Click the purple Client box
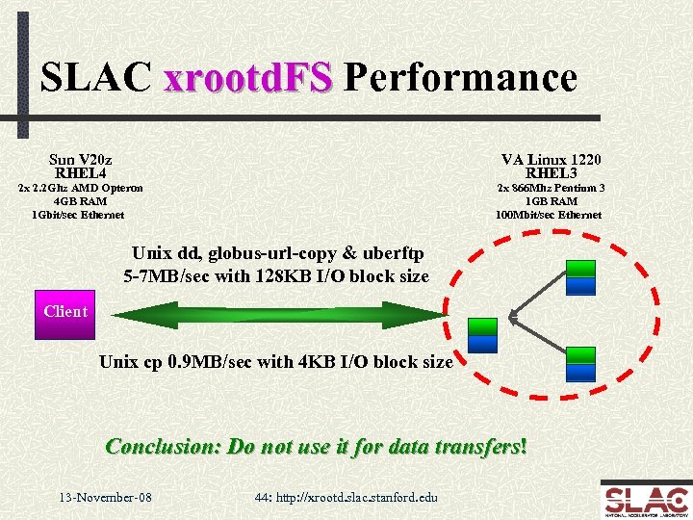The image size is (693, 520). pyautogui.click(x=64, y=312)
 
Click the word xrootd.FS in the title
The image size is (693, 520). pyautogui.click(x=248, y=77)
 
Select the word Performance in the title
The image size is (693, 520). pyautogui.click(x=459, y=77)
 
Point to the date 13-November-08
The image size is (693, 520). pyautogui.click(x=105, y=497)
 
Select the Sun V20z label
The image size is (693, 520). pyautogui.click(x=81, y=159)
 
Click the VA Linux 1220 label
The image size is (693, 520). pyautogui.click(x=551, y=159)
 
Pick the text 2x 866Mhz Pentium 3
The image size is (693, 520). pyautogui.click(x=551, y=188)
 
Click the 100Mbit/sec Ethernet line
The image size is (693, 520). pyautogui.click(x=549, y=215)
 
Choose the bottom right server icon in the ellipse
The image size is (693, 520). pyautogui.click(x=580, y=365)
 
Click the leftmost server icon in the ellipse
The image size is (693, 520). pyautogui.click(x=481, y=333)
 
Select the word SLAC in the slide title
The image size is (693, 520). pyautogui.click(x=96, y=77)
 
